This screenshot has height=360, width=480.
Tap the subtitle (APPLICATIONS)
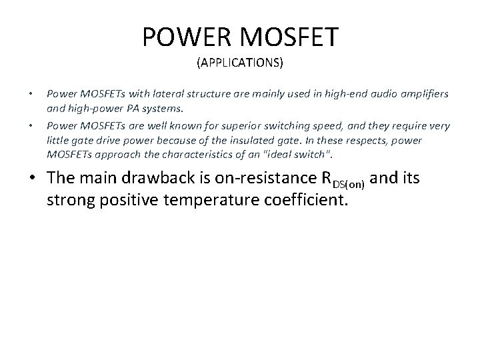pyautogui.click(x=239, y=64)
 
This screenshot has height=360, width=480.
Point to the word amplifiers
pyautogui.click(x=423, y=93)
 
